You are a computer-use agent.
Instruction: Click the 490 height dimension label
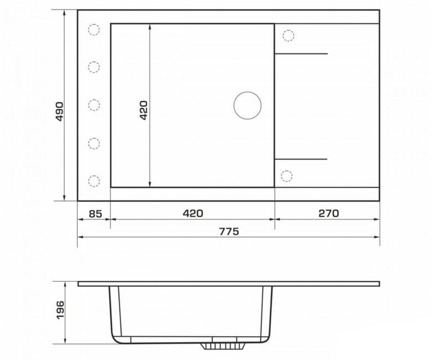[x=59, y=111]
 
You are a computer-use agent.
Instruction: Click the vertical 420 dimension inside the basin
[x=143, y=110]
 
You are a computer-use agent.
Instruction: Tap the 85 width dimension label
[x=96, y=214]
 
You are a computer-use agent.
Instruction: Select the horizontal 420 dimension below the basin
[x=193, y=213]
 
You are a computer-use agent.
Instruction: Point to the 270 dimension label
[x=328, y=213]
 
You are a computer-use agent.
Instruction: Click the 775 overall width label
[x=229, y=232]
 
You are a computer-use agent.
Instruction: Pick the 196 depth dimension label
[x=60, y=310]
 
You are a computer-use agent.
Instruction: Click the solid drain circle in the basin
[x=248, y=105]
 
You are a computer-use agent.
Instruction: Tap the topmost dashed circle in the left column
[x=94, y=29]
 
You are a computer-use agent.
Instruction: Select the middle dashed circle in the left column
[x=94, y=105]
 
